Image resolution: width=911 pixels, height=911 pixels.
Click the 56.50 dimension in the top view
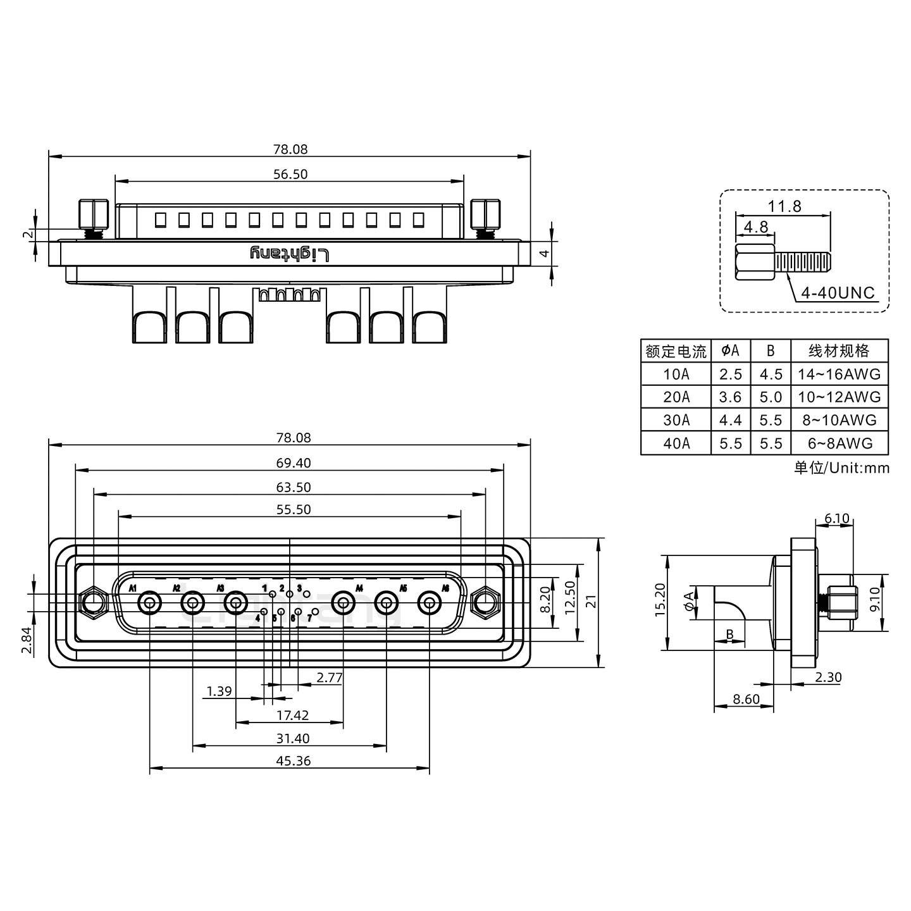pos(290,174)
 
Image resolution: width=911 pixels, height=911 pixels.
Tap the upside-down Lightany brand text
pos(290,254)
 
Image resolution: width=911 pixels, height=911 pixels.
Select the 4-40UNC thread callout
pos(838,293)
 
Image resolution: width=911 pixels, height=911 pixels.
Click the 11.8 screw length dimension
pos(784,206)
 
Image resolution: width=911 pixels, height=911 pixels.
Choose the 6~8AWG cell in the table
pos(840,443)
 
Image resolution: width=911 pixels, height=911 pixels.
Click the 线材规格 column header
pos(839,351)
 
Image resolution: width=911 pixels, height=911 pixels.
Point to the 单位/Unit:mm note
pos(841,468)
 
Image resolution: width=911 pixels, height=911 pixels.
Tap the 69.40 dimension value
pos(294,463)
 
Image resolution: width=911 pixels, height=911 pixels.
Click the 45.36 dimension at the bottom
pos(294,761)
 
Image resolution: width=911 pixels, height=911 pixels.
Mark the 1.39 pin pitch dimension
pos(219,691)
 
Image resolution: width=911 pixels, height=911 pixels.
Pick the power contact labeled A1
pos(150,603)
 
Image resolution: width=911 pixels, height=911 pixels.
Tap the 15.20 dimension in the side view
pos(659,600)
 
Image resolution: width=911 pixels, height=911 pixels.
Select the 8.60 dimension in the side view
pos(746,700)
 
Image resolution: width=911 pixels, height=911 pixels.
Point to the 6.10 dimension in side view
pos(836,519)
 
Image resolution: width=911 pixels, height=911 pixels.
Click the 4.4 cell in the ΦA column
pos(730,421)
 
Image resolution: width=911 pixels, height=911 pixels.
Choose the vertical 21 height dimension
pos(592,601)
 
